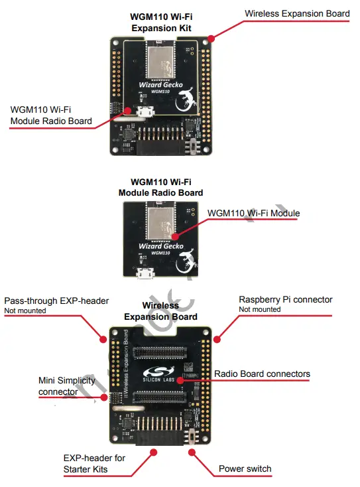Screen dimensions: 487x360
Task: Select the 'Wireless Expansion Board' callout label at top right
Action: tap(297, 13)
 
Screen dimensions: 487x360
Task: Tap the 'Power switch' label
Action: tap(245, 469)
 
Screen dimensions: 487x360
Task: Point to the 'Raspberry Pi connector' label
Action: tap(285, 300)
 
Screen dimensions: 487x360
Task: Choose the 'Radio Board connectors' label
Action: tap(262, 374)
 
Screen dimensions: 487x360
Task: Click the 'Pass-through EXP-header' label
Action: tap(56, 301)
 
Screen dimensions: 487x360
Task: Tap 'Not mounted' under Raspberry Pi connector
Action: tap(259, 310)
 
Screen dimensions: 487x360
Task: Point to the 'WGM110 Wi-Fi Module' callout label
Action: tap(254, 214)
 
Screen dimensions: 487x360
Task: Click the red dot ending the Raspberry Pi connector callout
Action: tap(215, 338)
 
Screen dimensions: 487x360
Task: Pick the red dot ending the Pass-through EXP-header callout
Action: tap(103, 339)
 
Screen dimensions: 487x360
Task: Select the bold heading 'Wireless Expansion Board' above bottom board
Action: tap(160, 311)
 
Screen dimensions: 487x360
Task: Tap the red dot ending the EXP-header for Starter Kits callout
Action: tap(154, 452)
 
